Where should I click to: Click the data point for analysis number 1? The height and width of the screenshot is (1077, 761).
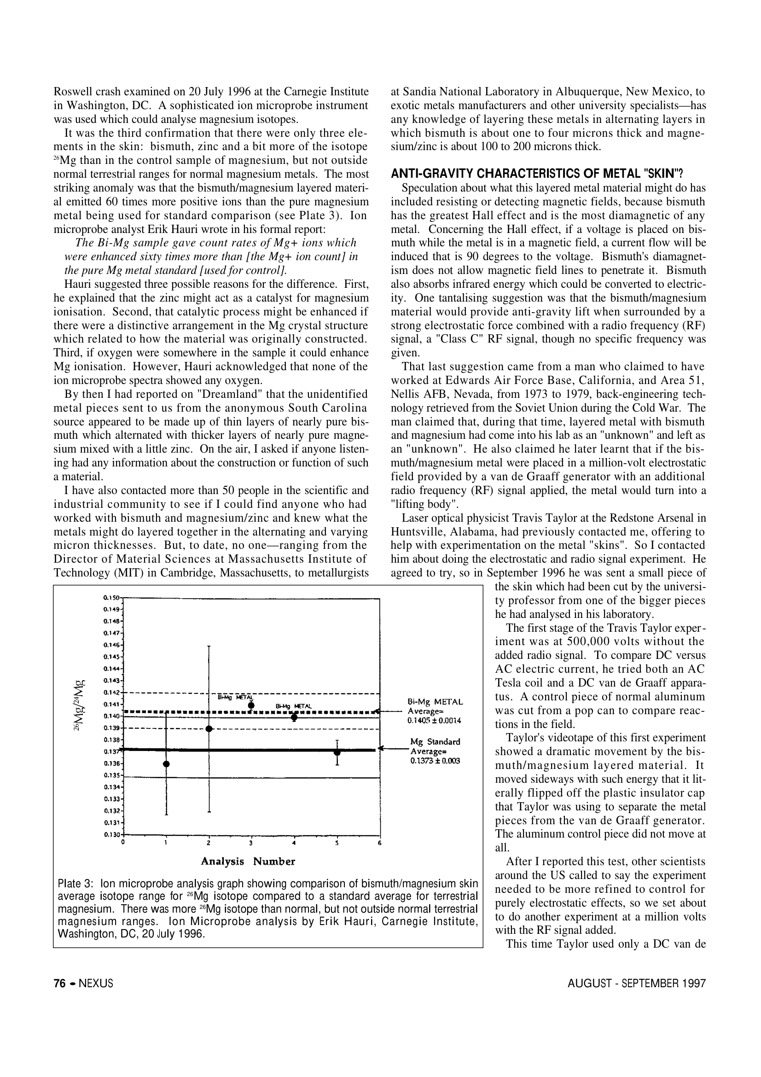pos(167,763)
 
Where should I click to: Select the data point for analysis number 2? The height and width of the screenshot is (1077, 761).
pos(209,728)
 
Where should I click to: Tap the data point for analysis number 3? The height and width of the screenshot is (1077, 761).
pos(251,705)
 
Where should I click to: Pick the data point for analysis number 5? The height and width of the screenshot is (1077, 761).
pos(337,752)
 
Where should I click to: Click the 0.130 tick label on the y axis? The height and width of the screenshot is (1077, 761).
pos(111,834)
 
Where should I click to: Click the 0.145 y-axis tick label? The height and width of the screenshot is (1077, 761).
pos(111,657)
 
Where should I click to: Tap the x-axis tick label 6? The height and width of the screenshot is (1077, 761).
pos(380,843)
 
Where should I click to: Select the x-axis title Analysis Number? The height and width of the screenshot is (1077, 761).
pos(248,861)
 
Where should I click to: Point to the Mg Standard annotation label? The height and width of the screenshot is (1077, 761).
pos(435,742)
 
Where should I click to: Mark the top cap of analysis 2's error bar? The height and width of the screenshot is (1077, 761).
pos(209,646)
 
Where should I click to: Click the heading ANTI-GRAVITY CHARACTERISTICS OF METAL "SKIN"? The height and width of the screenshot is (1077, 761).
pos(537,174)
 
